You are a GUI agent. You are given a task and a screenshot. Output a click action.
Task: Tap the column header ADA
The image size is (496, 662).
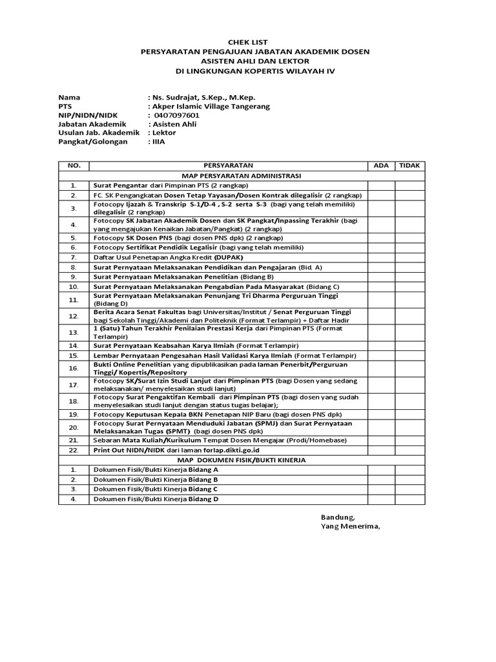point(381,165)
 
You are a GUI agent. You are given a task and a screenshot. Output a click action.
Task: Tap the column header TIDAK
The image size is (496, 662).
point(409,165)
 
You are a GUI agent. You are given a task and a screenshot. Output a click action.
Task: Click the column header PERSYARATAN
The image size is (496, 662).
point(228,165)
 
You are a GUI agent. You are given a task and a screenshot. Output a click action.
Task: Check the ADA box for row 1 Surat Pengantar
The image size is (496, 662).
point(381,185)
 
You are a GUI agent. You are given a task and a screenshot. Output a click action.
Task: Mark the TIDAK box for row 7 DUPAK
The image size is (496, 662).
point(409,257)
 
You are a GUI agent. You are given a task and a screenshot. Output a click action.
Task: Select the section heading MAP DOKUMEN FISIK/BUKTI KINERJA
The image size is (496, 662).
point(242,460)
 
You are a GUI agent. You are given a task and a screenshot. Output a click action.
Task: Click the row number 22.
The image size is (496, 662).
point(74,450)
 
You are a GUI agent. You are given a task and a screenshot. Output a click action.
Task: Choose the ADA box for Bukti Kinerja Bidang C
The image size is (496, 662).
point(381,489)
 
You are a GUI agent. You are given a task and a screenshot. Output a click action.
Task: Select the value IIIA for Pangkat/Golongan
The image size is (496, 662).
point(158,142)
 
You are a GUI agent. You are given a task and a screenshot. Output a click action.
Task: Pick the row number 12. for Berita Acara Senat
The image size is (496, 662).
point(74,316)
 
